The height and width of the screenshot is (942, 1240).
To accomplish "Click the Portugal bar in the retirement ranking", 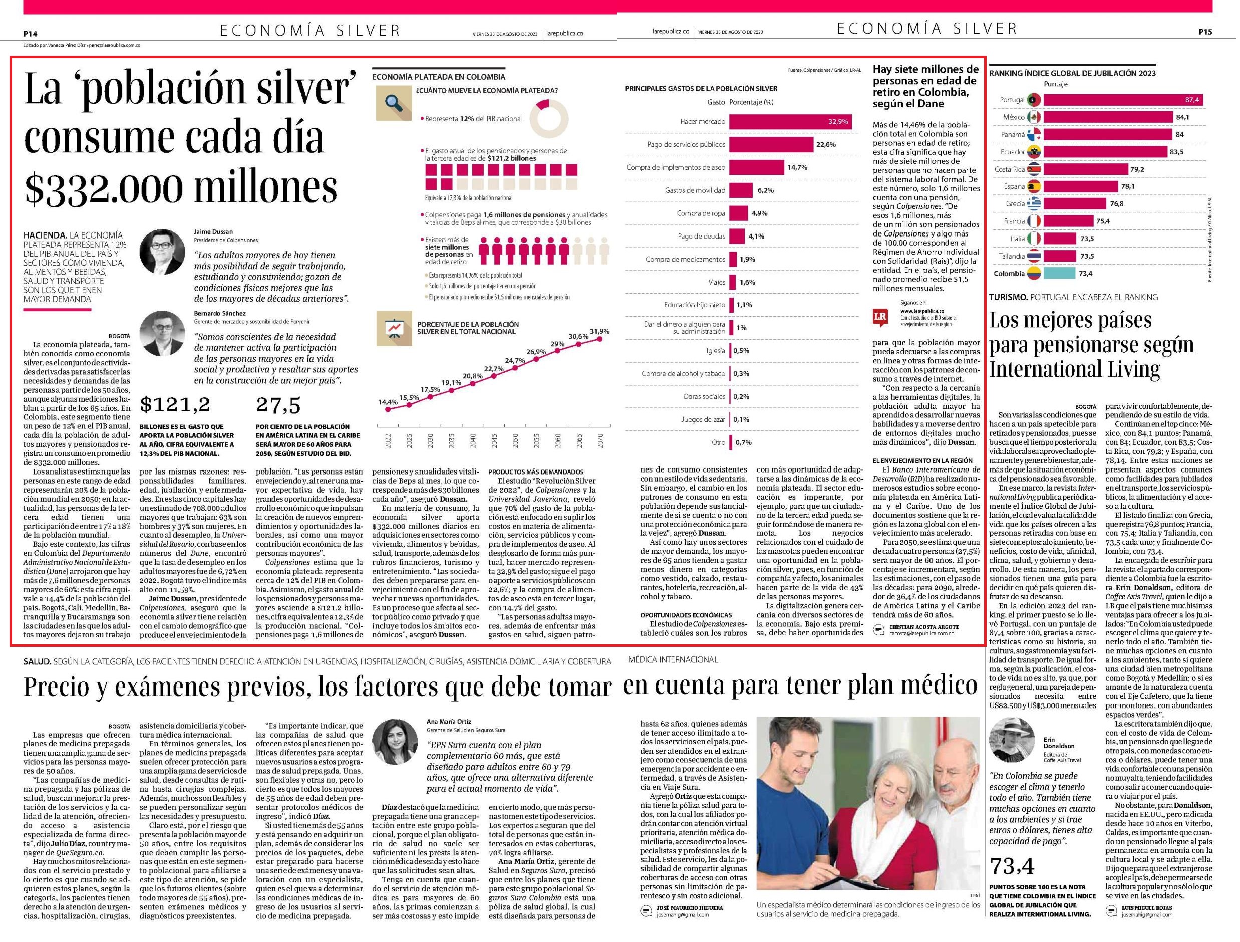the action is (x=1123, y=100).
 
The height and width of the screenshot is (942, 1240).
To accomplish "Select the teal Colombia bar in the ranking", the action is (x=1060, y=274).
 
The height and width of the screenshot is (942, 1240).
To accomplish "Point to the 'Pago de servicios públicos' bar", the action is (x=771, y=145).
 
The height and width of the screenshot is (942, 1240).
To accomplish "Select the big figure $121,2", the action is (x=175, y=404).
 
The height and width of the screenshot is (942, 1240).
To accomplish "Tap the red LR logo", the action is (x=880, y=317).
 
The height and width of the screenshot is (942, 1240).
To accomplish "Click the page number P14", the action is (x=30, y=33).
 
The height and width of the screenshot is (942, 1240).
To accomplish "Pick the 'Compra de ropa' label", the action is (x=701, y=213).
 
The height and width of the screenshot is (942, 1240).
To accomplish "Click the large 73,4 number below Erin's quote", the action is (x=1011, y=867).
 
